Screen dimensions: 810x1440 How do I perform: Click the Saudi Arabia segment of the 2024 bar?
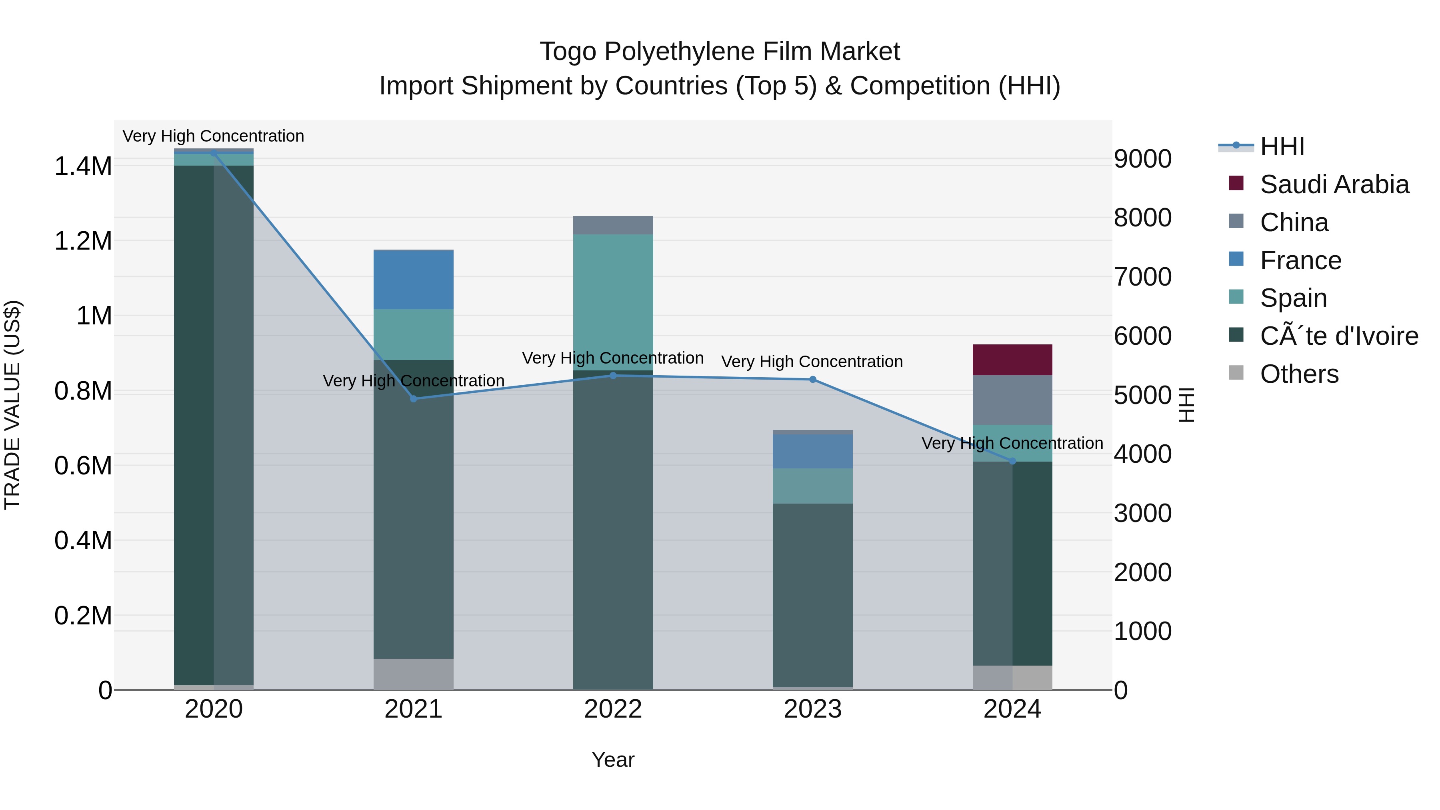coord(1012,360)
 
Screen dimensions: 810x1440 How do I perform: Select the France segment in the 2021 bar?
coord(413,280)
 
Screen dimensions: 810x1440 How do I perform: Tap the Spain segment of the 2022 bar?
coord(613,302)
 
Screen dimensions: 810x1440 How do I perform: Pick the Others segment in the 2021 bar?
coord(413,674)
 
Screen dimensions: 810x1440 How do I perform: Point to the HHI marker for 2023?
coord(812,380)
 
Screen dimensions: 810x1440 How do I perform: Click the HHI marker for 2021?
coord(413,398)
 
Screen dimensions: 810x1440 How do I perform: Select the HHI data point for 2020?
coord(214,153)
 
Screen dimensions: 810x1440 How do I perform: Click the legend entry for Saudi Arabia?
coord(1334,184)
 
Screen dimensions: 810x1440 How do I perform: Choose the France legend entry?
coord(1300,260)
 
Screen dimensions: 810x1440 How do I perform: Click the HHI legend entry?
coord(1282,146)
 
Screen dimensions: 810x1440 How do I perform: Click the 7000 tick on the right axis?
coord(1142,277)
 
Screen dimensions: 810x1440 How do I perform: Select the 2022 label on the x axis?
coord(613,709)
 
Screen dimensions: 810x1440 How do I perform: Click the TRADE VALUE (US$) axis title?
coord(12,405)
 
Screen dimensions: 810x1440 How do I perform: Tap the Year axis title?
coord(613,760)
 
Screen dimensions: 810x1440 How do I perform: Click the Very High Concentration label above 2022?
coord(613,358)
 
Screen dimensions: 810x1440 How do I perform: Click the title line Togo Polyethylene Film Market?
coord(720,52)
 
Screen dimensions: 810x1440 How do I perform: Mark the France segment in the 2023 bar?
coord(812,452)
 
